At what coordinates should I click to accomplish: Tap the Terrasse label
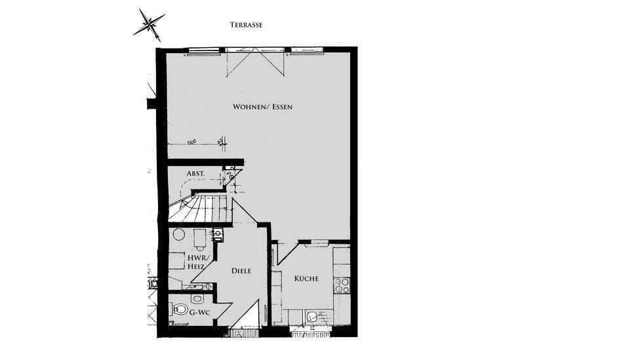coord(247,25)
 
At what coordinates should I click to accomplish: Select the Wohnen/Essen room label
coord(262,106)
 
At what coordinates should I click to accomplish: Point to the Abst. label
coord(195,174)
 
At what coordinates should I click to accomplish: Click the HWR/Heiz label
coord(197,262)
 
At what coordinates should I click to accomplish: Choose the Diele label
coord(242,270)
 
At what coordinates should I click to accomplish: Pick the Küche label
coord(306,279)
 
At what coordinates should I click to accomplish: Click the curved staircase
coord(200,207)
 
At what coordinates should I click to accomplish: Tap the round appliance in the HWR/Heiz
coord(178,235)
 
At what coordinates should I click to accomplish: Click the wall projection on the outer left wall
coord(151,102)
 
